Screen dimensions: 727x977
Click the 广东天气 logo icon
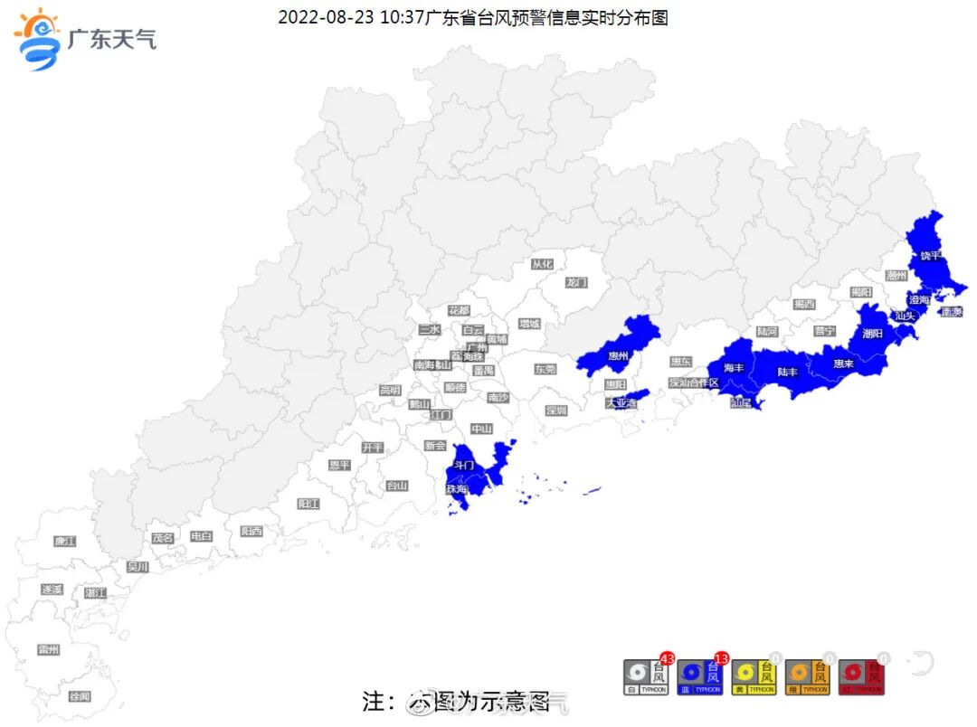coord(38,38)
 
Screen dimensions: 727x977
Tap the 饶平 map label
coord(931,256)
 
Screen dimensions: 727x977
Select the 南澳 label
coord(951,312)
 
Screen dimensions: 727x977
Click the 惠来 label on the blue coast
coord(843,363)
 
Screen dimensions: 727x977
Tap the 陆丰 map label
coord(788,372)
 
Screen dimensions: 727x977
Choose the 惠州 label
coord(619,355)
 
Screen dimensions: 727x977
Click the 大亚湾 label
coord(621,402)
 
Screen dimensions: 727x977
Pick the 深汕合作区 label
coord(694,382)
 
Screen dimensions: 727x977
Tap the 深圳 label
coord(555,411)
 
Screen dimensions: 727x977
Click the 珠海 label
coord(456,488)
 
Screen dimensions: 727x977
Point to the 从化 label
coord(542,264)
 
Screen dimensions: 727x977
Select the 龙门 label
coord(576,282)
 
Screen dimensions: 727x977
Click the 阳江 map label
coord(308,504)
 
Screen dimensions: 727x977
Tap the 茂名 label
coord(162,537)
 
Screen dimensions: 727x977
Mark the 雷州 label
coord(49,649)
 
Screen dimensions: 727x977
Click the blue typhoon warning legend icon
coord(700,676)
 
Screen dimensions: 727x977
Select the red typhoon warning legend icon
coord(862,676)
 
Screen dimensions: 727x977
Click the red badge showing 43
coord(668,657)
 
